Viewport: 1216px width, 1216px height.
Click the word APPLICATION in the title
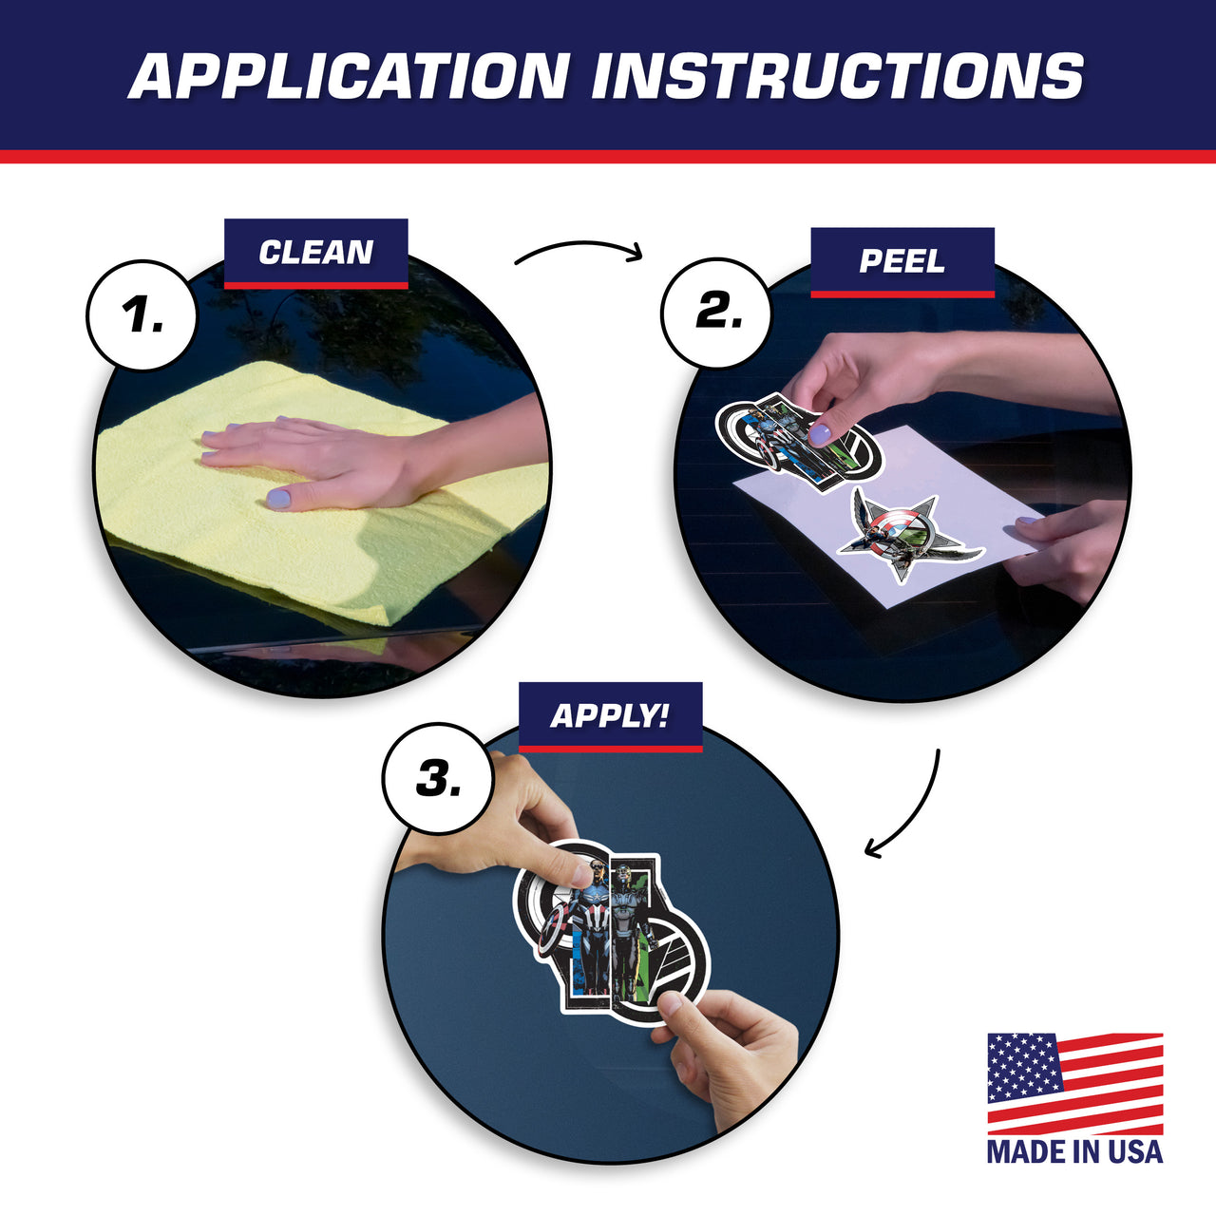click(x=350, y=76)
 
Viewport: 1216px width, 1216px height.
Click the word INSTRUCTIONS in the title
click(x=837, y=76)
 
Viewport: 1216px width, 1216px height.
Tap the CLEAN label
click(x=316, y=253)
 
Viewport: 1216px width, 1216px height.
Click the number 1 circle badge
click(x=142, y=315)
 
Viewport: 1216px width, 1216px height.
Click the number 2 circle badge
click(x=717, y=313)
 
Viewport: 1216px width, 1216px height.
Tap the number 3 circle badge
click(x=437, y=778)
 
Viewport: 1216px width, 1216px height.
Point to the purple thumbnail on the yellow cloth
click(x=277, y=499)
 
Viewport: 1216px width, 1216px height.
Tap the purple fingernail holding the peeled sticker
click(x=820, y=435)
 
